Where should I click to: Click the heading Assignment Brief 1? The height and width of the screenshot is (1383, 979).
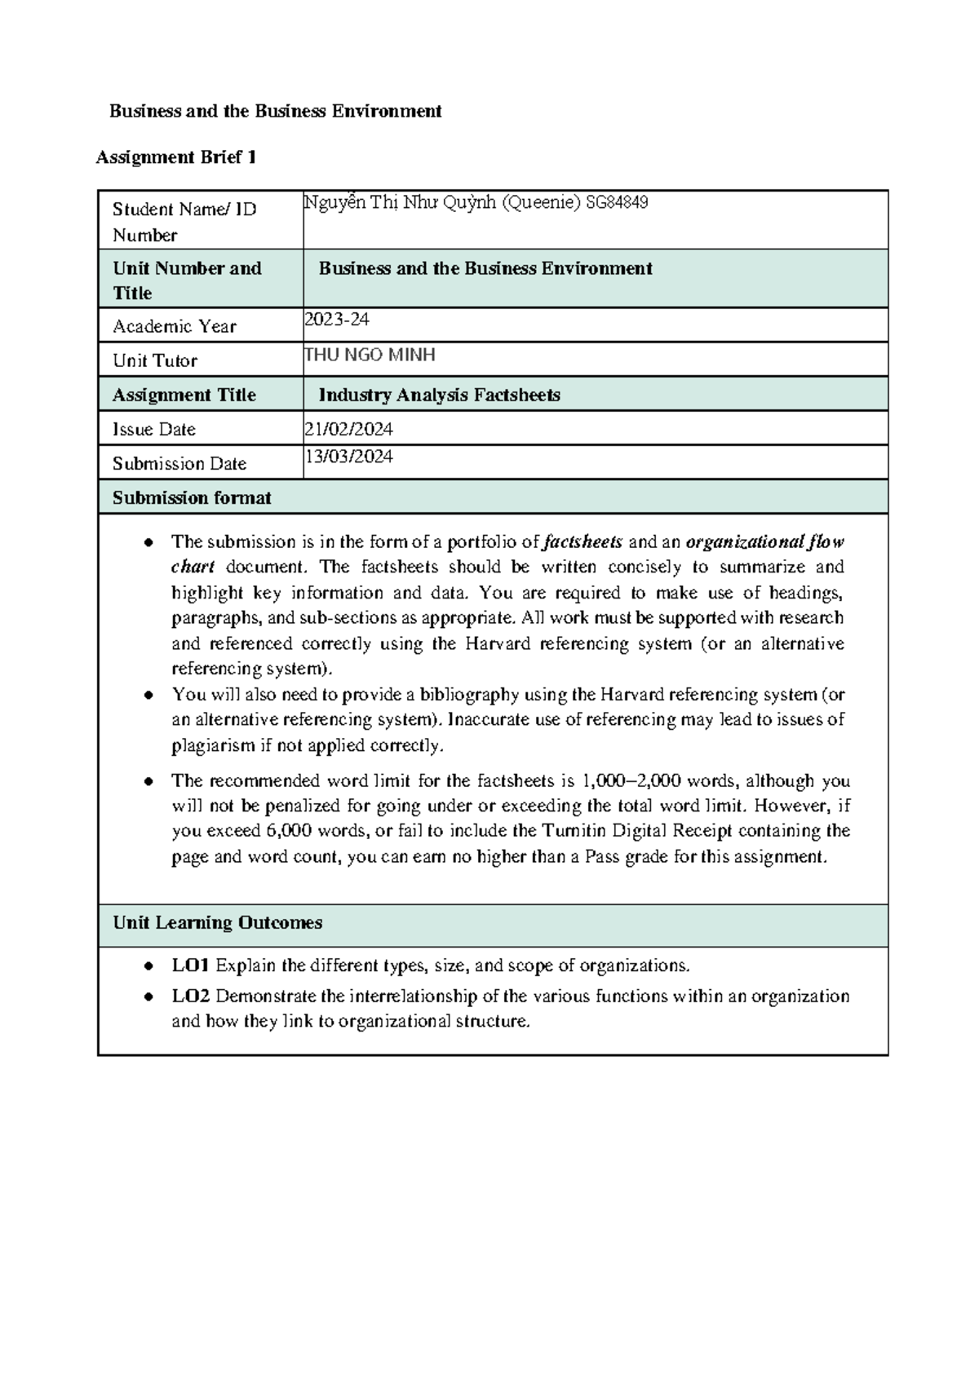(x=176, y=157)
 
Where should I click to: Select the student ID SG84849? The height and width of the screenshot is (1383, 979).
(x=617, y=203)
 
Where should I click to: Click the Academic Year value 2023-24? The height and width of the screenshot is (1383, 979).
(x=336, y=320)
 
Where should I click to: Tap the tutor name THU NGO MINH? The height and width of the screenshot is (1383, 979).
(x=370, y=355)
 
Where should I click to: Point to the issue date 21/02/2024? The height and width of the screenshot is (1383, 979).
(x=348, y=429)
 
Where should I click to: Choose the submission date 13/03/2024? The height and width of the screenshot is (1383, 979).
(x=348, y=457)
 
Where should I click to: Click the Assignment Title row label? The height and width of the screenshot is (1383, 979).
(x=184, y=395)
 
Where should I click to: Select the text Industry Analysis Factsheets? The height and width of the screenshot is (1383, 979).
(x=439, y=395)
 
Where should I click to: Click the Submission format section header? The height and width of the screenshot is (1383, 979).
(x=192, y=497)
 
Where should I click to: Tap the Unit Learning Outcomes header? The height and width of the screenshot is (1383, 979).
(x=217, y=922)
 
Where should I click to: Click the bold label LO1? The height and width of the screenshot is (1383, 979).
(x=191, y=965)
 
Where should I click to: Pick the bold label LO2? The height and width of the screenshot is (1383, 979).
(x=191, y=996)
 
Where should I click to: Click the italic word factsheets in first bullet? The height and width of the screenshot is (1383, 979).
(x=583, y=541)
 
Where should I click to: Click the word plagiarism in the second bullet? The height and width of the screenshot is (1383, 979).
(x=213, y=745)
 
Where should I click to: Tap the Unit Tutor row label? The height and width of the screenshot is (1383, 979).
(x=155, y=360)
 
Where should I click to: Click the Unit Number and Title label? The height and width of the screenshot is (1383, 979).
(x=187, y=280)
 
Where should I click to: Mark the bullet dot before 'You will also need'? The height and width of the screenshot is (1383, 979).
(x=148, y=696)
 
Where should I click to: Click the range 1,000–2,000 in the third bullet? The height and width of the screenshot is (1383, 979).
(x=632, y=780)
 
